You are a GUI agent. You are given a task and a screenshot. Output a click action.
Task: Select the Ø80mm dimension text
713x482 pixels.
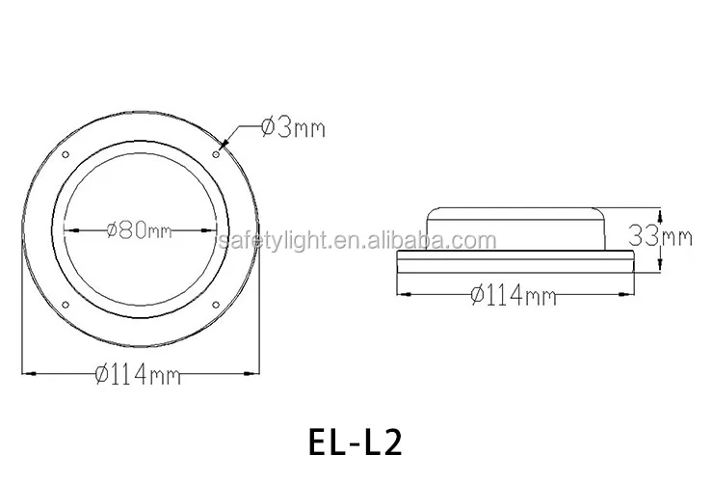140,230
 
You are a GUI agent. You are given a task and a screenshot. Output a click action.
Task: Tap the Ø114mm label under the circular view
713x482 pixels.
138,375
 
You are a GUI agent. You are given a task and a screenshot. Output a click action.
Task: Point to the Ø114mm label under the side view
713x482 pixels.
514,296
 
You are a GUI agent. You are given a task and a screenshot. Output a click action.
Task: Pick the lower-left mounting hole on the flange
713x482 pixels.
65,305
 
